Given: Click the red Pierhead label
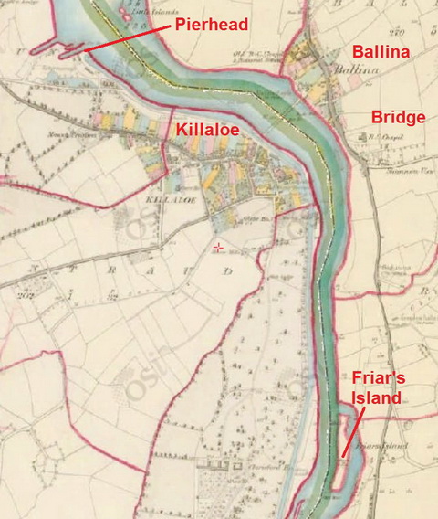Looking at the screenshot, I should click(211, 25).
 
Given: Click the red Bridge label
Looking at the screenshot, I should click(399, 117).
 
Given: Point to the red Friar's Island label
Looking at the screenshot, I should click(376, 388).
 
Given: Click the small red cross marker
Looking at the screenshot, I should click(216, 248).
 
